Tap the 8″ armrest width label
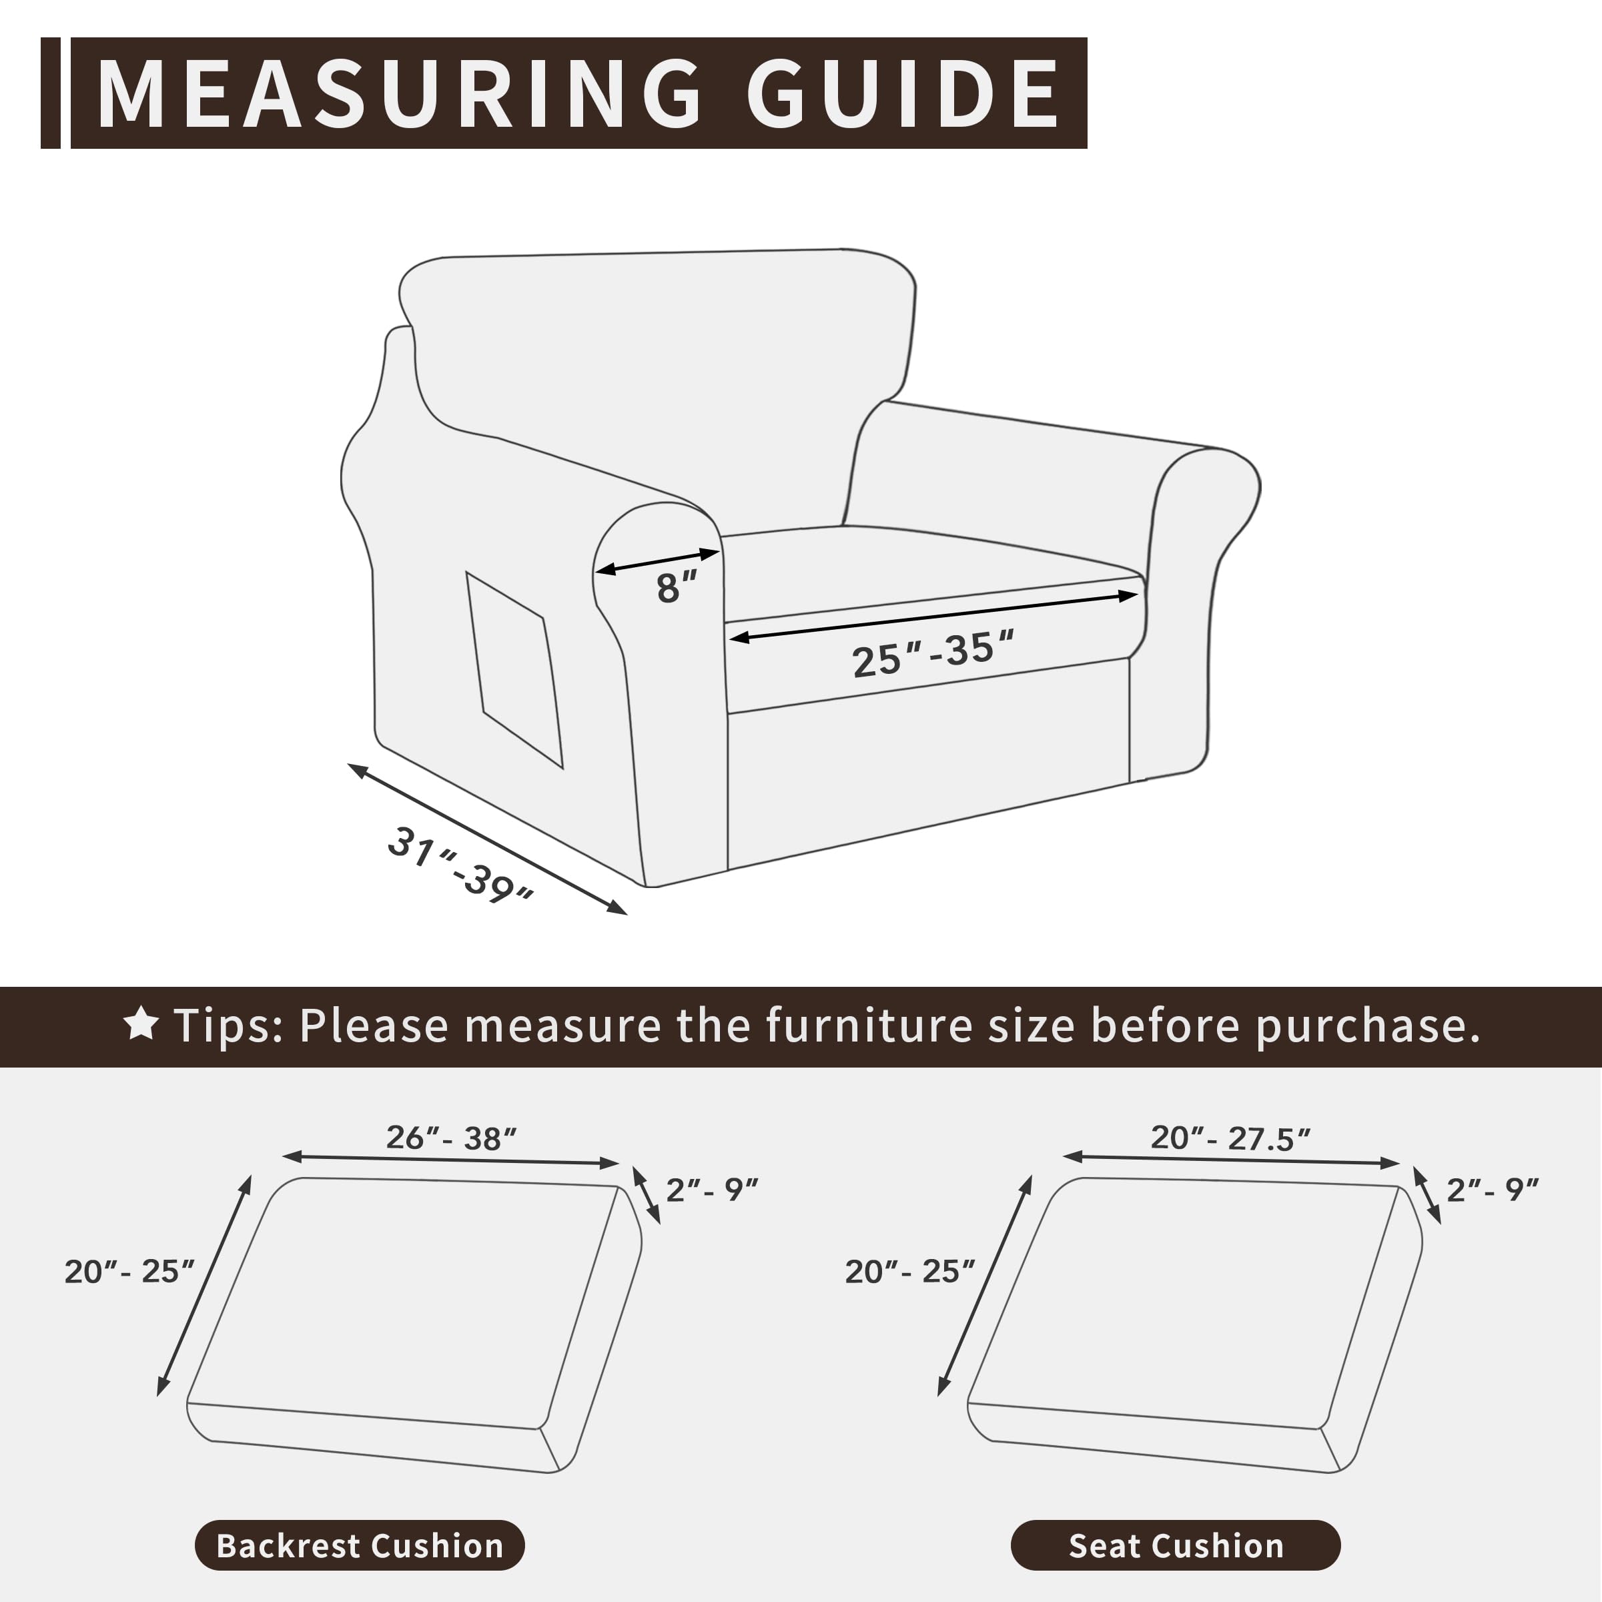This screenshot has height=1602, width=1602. [676, 588]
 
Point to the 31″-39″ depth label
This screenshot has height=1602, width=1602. [461, 865]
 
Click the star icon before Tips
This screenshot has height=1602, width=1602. [141, 1024]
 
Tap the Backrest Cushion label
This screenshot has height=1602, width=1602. [360, 1545]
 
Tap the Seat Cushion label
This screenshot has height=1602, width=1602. [1176, 1545]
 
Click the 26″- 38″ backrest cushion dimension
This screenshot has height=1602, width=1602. [451, 1138]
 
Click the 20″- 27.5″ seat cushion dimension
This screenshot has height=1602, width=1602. [1230, 1138]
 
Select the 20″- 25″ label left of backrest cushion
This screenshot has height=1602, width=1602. [129, 1271]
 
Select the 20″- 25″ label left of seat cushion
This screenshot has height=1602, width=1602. [909, 1271]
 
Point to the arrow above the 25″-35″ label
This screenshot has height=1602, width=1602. [933, 616]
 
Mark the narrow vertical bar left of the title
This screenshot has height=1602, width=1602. [51, 93]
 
